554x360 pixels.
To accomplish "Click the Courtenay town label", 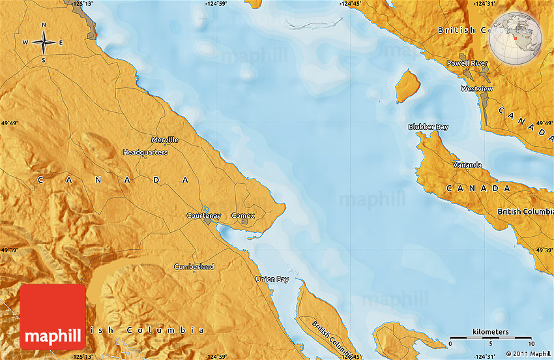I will point(203,215).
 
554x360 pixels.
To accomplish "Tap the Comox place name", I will point(243,215).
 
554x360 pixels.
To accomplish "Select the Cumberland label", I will point(194,267).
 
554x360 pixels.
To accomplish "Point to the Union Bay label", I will point(272,279).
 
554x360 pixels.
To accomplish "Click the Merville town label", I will point(164,140).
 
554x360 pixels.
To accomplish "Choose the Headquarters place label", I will point(145,152).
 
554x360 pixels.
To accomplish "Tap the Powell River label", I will point(467,63).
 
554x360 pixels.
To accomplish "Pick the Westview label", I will point(476,88).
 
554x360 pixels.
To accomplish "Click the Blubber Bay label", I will point(428,127).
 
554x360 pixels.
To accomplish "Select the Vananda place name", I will point(467,165).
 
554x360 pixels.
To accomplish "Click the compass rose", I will point(44,43).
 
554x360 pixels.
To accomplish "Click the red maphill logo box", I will point(53,317).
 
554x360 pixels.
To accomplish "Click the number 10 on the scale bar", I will point(531,344).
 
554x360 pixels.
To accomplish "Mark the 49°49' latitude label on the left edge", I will point(9,123).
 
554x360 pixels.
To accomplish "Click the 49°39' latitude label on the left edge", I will point(9,250).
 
